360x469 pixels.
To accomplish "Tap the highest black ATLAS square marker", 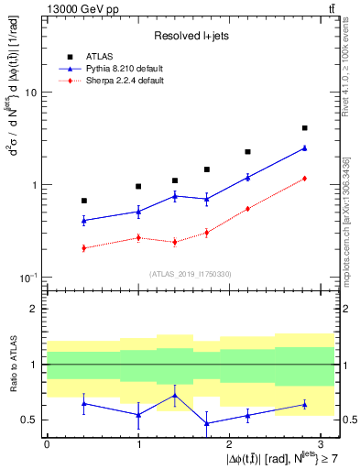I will point(304,128).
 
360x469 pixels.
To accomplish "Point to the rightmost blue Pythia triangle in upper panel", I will point(304,147).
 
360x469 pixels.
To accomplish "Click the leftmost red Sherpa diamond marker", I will point(84,248).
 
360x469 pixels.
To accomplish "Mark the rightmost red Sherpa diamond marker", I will point(304,179).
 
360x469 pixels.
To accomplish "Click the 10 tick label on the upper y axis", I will point(30,93).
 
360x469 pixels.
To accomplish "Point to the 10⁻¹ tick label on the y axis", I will point(27,277).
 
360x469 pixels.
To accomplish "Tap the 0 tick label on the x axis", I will point(47,443).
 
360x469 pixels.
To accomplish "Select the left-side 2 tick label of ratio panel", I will point(34,309).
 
